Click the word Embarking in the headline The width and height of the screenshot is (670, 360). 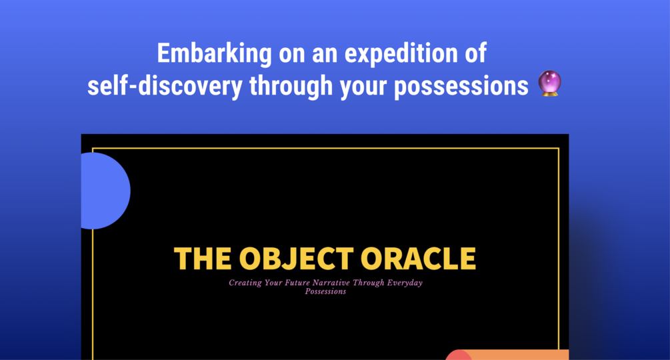click(214, 54)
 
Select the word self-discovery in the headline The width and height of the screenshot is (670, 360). click(165, 86)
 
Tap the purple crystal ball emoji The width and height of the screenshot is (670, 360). click(549, 83)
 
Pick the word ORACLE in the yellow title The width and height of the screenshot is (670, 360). click(418, 259)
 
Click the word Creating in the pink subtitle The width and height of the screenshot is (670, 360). click(245, 283)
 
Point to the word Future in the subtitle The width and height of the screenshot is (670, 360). click(297, 282)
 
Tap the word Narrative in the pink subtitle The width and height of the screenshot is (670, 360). click(331, 282)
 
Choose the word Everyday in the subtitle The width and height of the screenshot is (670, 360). click(405, 283)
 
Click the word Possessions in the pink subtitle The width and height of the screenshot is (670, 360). click(325, 291)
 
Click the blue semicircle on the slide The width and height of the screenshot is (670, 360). click(105, 191)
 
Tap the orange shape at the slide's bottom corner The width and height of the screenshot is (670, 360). click(507, 355)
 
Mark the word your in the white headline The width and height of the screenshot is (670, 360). click(363, 88)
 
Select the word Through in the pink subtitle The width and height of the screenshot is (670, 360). click(368, 283)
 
